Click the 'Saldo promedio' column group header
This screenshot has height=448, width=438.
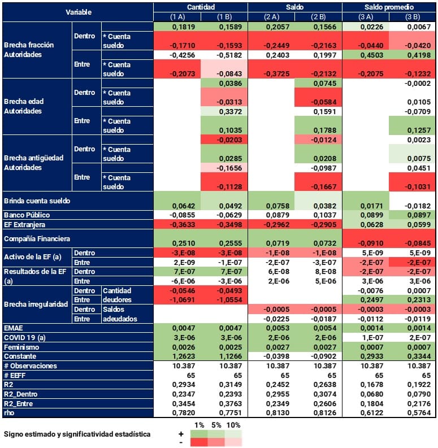(389, 6)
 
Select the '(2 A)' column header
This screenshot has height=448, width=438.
(271, 17)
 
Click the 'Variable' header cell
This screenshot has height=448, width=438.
(78, 12)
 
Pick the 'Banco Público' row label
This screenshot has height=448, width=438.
(27, 215)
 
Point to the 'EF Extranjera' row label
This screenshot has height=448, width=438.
(25, 225)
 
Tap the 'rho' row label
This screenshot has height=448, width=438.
(10, 414)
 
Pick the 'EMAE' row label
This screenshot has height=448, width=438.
(14, 327)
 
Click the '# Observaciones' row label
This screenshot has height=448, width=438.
(30, 366)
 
